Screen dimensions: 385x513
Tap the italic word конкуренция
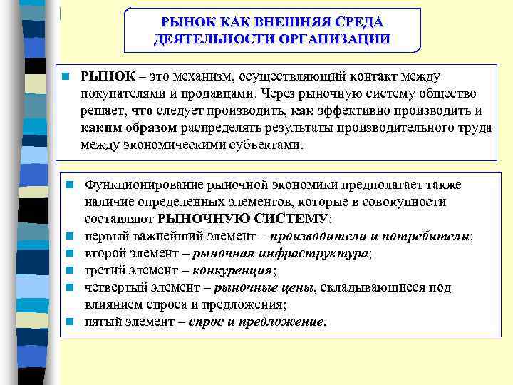click(x=237, y=271)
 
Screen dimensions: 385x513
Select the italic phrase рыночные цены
click(x=271, y=287)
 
